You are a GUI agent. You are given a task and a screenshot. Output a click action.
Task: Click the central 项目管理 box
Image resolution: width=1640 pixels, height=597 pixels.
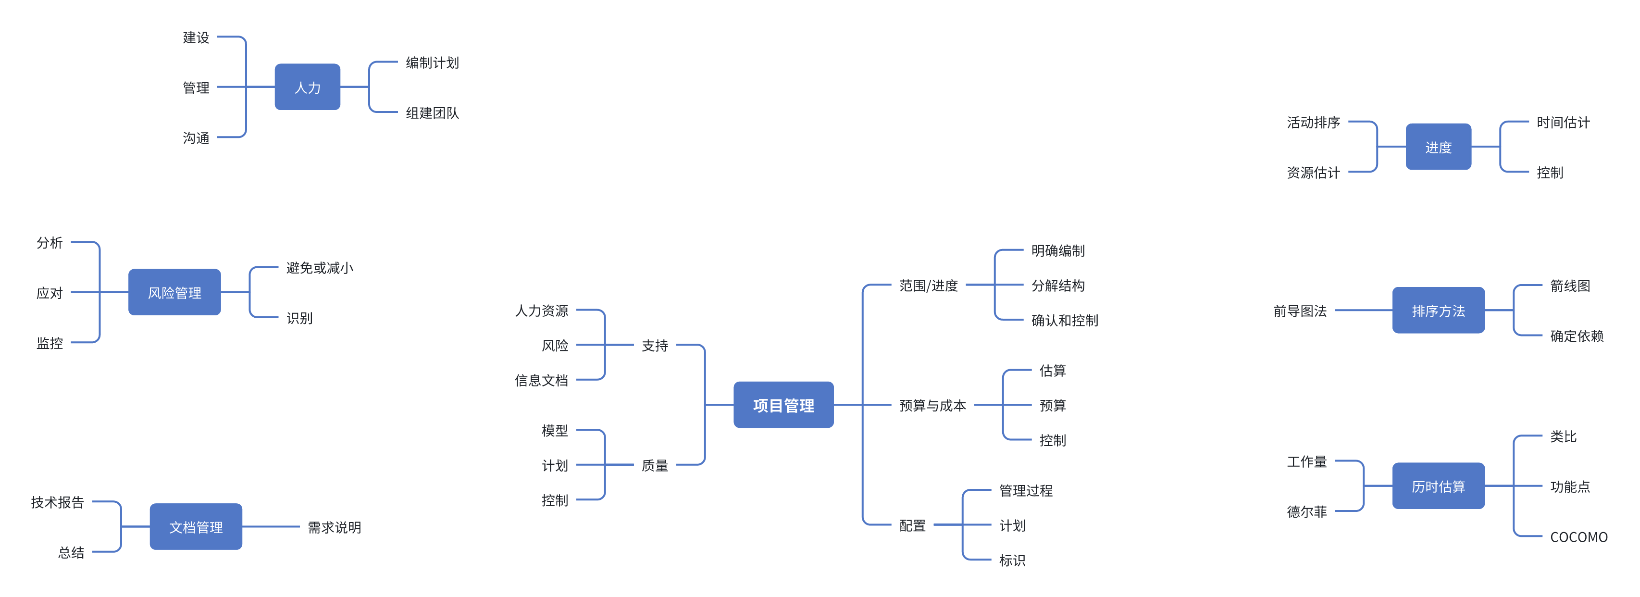click(x=783, y=405)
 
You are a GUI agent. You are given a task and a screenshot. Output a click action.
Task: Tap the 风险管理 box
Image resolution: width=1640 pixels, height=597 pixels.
click(x=174, y=292)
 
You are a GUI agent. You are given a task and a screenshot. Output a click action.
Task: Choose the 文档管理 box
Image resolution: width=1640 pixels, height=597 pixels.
click(x=196, y=526)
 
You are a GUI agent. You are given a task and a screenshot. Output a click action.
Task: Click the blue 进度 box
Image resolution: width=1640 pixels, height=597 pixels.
click(x=1438, y=147)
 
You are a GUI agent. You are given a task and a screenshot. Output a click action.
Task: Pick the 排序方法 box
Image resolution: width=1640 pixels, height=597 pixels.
click(x=1438, y=310)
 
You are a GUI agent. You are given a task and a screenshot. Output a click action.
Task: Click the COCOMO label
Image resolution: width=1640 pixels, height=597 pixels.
click(x=1578, y=536)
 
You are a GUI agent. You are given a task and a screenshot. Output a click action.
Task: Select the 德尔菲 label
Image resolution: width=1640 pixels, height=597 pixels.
click(x=1306, y=511)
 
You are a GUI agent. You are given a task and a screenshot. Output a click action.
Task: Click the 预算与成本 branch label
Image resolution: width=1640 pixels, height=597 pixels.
click(x=932, y=405)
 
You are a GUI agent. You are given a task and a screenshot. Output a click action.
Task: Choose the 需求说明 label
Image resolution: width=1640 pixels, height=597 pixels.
click(x=334, y=527)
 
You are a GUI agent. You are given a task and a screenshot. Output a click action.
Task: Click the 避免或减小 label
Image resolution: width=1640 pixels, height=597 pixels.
click(x=319, y=267)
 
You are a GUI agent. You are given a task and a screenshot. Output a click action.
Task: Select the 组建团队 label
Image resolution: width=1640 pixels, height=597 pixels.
click(x=432, y=112)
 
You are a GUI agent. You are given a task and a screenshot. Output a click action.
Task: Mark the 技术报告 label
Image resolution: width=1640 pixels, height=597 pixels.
click(x=57, y=502)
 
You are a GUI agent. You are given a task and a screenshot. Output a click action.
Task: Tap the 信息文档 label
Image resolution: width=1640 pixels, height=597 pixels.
click(x=541, y=380)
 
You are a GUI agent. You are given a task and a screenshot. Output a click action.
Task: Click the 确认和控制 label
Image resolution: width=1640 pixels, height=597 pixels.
click(x=1065, y=320)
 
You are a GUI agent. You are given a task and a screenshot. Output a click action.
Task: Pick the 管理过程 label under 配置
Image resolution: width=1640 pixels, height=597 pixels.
click(x=1026, y=490)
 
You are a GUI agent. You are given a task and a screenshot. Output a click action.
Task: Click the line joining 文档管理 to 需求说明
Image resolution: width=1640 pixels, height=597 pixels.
click(x=271, y=526)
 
